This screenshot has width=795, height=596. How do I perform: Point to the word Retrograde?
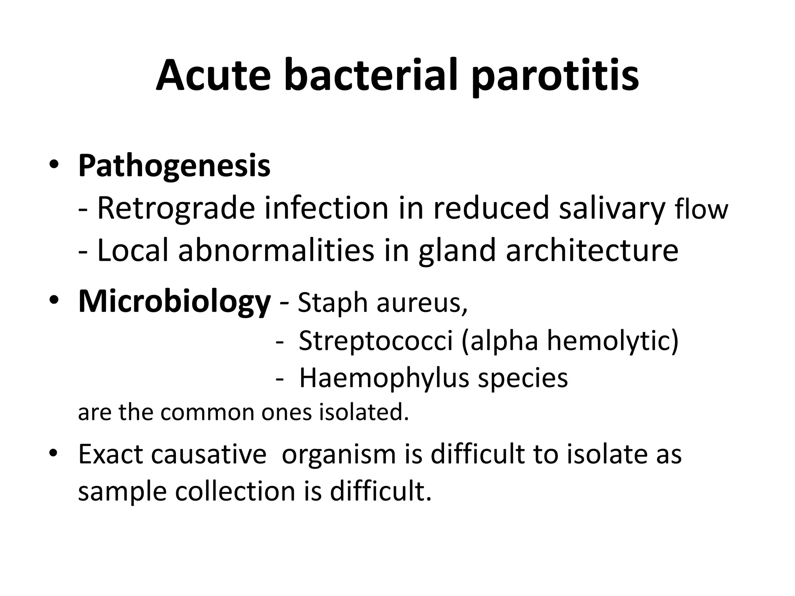[176, 209]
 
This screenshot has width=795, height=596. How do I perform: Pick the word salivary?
[612, 209]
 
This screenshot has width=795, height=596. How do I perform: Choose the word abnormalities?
[276, 250]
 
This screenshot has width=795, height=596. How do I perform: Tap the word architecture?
[592, 250]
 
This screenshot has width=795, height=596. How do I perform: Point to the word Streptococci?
[376, 341]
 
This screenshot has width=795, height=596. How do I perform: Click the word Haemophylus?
[384, 378]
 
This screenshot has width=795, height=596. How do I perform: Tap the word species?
[523, 378]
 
